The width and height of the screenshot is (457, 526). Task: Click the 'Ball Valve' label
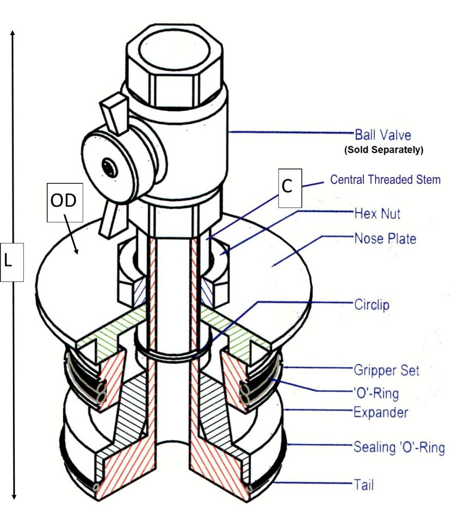(383, 135)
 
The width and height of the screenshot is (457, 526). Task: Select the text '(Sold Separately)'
(383, 151)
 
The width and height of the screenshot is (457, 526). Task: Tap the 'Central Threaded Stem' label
(385, 180)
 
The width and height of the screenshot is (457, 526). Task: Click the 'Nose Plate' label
(385, 238)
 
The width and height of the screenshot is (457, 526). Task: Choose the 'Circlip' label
(372, 305)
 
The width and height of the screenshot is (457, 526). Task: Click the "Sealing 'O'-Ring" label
(398, 447)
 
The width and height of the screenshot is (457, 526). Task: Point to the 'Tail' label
(364, 484)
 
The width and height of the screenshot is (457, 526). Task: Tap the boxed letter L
(12, 260)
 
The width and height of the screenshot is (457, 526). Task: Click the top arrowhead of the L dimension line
(13, 32)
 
